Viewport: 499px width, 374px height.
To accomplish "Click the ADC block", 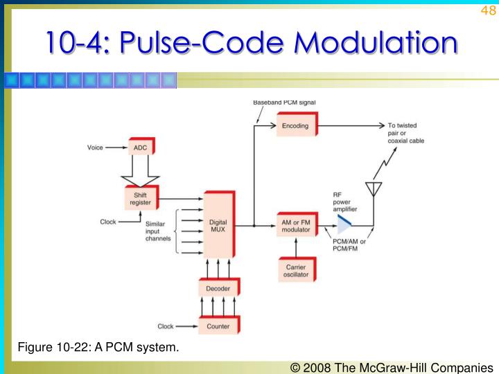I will tap(139, 148).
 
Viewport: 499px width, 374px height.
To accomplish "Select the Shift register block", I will tap(140, 199).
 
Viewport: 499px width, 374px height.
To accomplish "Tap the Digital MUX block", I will tap(218, 226).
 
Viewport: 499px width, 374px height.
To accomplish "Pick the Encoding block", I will tap(295, 126).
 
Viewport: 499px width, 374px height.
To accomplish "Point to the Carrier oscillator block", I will tap(296, 270).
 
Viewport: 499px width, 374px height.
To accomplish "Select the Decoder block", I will tap(218, 288).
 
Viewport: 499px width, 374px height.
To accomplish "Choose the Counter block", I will tap(218, 326).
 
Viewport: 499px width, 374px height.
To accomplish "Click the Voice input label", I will tap(95, 148).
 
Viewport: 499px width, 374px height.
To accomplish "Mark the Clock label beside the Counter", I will tap(166, 326).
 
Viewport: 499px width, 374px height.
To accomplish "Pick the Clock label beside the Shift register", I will tap(109, 222).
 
